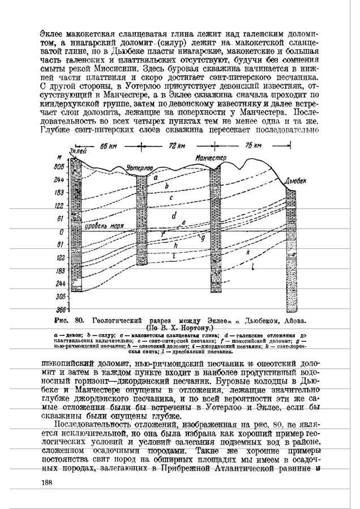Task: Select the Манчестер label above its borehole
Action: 211,157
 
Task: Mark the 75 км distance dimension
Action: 254,145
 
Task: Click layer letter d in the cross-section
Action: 174,215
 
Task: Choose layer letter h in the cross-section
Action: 175,246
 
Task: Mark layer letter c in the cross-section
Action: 170,196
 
